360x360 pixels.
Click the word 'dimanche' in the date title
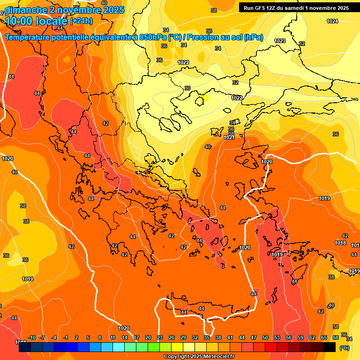click(x=23, y=10)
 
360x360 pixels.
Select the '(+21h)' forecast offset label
click(x=82, y=21)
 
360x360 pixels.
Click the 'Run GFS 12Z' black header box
click(x=294, y=8)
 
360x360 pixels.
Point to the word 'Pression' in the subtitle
click(x=213, y=37)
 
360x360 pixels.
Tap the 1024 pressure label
click(x=332, y=21)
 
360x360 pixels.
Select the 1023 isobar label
click(x=280, y=41)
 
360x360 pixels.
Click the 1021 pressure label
click(x=229, y=137)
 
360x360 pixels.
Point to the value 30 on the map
click(x=187, y=88)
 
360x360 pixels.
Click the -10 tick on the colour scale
click(x=32, y=338)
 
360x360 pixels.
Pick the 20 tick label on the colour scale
click(x=148, y=338)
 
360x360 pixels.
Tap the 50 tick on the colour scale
click(x=265, y=338)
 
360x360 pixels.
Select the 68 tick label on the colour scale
click(x=336, y=338)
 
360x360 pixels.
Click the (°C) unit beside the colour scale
click(x=345, y=348)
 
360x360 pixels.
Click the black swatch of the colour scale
click(x=330, y=347)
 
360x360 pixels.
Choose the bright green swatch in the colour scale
click(x=154, y=347)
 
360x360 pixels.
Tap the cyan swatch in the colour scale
click(x=119, y=347)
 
